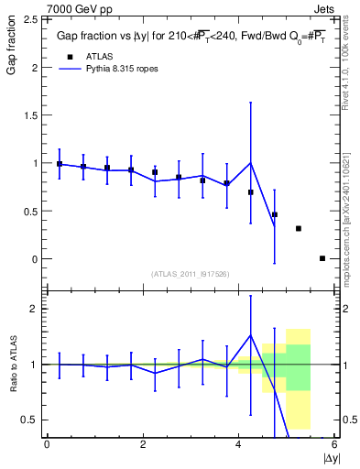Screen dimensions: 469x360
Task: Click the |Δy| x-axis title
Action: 330,456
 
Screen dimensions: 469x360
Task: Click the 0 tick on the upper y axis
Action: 34,259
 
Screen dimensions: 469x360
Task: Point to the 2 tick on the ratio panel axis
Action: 34,309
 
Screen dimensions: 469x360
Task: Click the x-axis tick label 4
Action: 238,444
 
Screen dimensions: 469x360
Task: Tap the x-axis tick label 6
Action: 334,444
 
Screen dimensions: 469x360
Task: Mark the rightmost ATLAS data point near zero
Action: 322,258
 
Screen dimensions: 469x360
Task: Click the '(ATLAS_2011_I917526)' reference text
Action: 190,274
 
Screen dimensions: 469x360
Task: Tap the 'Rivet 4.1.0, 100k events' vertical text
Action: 352,72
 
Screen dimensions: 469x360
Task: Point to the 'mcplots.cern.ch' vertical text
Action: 352,238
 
